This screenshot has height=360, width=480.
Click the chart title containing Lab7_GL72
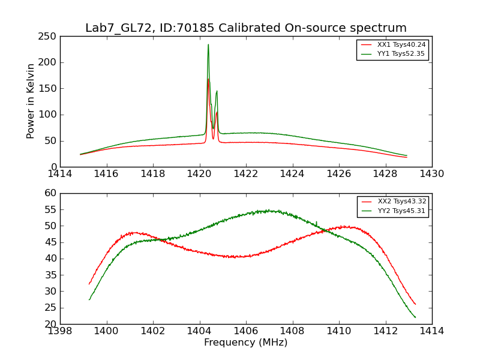tap(246, 28)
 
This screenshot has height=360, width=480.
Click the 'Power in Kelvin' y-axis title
tap(31, 101)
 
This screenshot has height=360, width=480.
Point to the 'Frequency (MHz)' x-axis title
tap(246, 343)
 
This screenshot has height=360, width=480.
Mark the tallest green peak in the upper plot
tap(208, 44)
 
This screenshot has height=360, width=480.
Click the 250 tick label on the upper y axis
tap(50, 37)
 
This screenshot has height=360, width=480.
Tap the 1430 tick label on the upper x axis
tap(432, 174)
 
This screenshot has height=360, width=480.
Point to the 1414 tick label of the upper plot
tap(60, 174)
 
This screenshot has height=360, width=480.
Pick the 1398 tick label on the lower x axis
tap(60, 331)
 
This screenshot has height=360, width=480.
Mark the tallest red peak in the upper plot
tap(208, 79)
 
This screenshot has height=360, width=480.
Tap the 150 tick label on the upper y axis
tap(50, 89)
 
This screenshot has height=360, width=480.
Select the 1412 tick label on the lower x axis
tap(385, 331)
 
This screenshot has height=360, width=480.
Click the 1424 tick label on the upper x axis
tap(292, 174)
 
